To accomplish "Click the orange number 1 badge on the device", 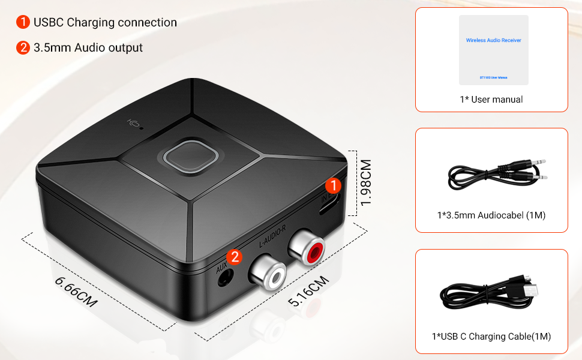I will pyautogui.click(x=334, y=185).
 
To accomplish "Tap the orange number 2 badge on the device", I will pyautogui.click(x=235, y=257).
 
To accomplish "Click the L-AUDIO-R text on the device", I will pyautogui.click(x=272, y=236).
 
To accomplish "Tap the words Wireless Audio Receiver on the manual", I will pyautogui.click(x=493, y=40).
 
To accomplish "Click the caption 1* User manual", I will pyautogui.click(x=491, y=100).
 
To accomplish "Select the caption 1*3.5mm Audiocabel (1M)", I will pyautogui.click(x=491, y=215).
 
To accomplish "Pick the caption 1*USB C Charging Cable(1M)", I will pyautogui.click(x=491, y=337).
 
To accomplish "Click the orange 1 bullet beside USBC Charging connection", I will pyautogui.click(x=23, y=23).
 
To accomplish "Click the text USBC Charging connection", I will pyautogui.click(x=105, y=23).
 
